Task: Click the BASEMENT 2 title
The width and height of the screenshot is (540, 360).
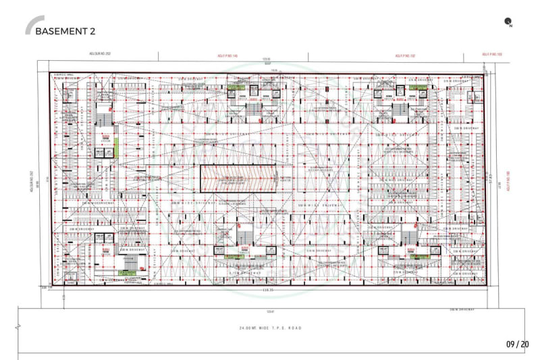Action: (65, 31)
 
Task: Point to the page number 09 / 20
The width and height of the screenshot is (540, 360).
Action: (517, 344)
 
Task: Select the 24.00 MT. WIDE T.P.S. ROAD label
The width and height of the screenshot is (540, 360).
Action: (270, 328)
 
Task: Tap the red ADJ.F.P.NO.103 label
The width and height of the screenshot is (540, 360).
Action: (492, 54)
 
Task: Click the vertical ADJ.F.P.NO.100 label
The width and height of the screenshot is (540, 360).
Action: (507, 182)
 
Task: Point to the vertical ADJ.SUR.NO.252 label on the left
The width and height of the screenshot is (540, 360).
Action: (32, 181)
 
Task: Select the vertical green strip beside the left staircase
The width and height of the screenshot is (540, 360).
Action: (117, 145)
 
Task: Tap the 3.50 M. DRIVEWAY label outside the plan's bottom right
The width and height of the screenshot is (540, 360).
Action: (462, 310)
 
